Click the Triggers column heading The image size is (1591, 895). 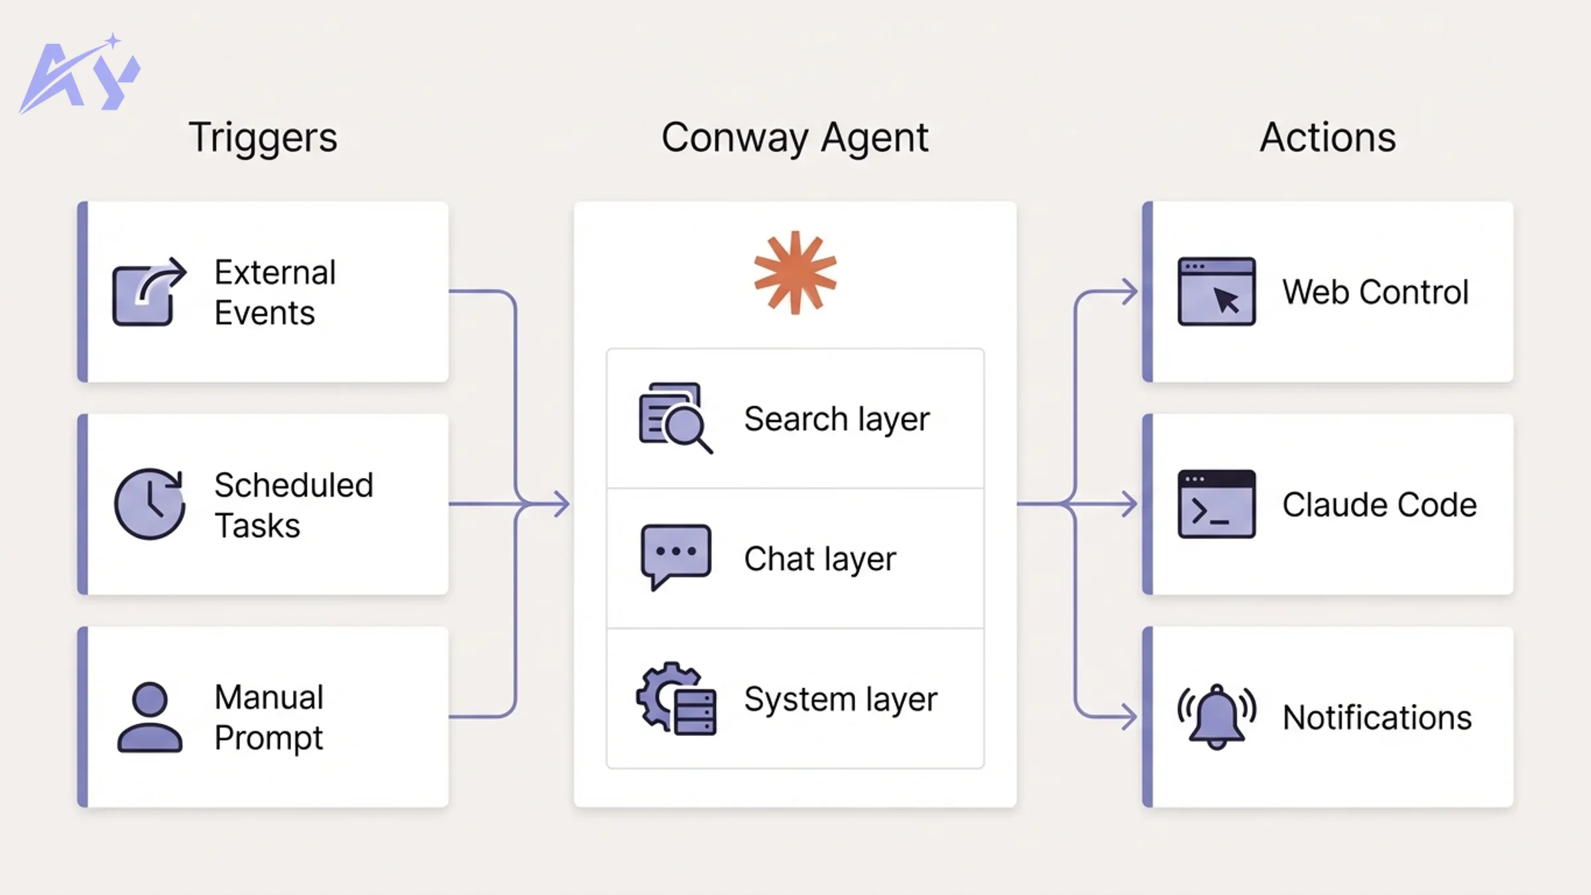pyautogui.click(x=263, y=137)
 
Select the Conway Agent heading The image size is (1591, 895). pyautogui.click(x=795, y=137)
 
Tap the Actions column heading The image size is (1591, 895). pyautogui.click(x=1328, y=137)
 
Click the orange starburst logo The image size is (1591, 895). pyautogui.click(x=795, y=272)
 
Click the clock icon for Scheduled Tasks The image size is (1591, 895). pyautogui.click(x=149, y=504)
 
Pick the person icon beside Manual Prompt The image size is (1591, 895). pyautogui.click(x=149, y=717)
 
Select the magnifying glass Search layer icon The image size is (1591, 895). pyautogui.click(x=675, y=418)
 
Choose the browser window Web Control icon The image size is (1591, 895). pyautogui.click(x=1216, y=292)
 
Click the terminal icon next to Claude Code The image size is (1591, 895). pyautogui.click(x=1216, y=504)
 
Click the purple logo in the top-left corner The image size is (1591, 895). pyautogui.click(x=80, y=74)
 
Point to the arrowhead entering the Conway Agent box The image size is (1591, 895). pyautogui.click(x=562, y=504)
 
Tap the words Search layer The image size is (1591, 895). pyautogui.click(x=837, y=419)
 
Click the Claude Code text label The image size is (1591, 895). pyautogui.click(x=1379, y=505)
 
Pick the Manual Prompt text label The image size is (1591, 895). pyautogui.click(x=269, y=717)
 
